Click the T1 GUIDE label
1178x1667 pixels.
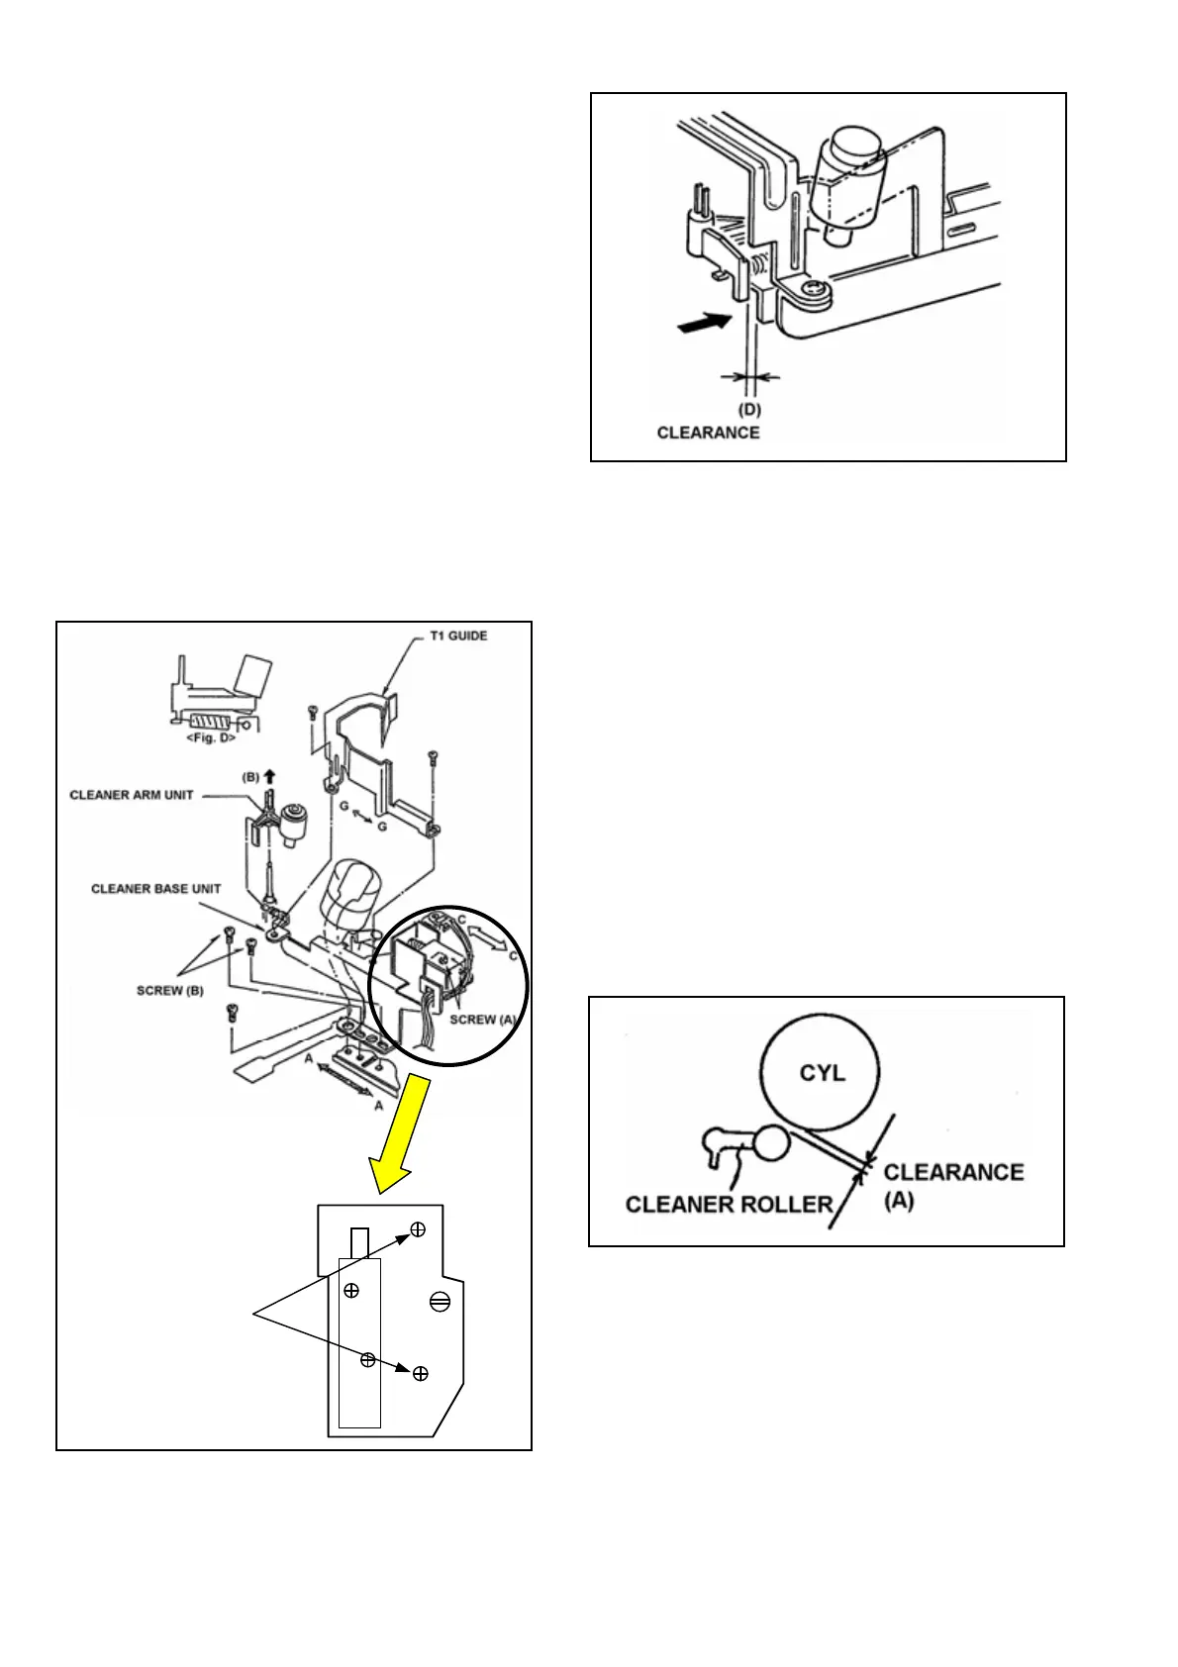[x=457, y=636]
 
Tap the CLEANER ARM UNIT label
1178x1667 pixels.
[x=132, y=795]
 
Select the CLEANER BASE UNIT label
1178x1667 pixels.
[x=155, y=889]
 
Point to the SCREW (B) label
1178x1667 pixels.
[x=170, y=991]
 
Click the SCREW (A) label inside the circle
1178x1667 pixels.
[x=482, y=1020]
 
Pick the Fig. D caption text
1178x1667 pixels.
[x=211, y=738]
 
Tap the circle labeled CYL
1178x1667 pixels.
[x=821, y=1073]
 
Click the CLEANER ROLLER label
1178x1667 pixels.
[x=729, y=1205]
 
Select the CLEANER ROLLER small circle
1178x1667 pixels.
[x=771, y=1144]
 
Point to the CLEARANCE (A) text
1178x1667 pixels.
[x=952, y=1186]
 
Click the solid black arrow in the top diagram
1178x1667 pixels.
[x=704, y=323]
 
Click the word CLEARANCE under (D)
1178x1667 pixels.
[x=708, y=433]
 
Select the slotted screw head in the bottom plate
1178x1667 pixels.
[x=441, y=1302]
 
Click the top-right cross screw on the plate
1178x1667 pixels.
[x=418, y=1229]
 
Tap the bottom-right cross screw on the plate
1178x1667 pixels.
[x=421, y=1373]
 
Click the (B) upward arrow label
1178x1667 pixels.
[x=260, y=777]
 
